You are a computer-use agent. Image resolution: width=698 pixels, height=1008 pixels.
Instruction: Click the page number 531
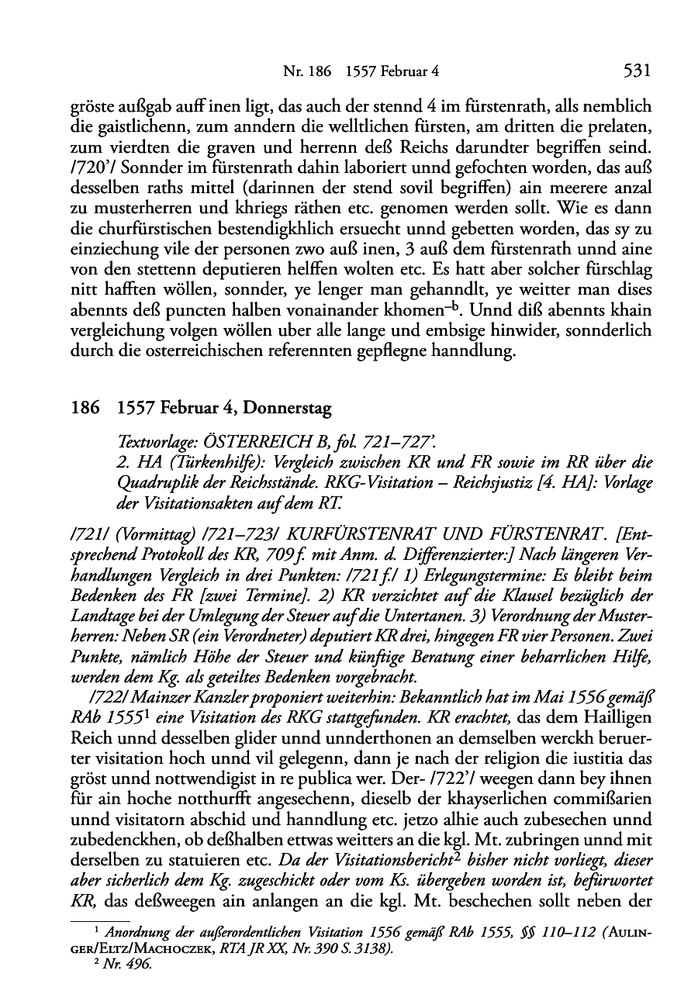[x=635, y=71]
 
